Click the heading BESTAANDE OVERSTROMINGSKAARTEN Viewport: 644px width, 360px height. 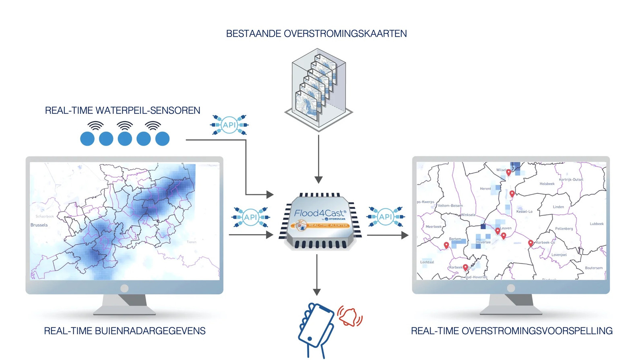tap(316, 34)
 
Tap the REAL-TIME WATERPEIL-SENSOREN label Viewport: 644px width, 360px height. tap(122, 111)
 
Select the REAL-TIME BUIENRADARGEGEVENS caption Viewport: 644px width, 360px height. tap(124, 331)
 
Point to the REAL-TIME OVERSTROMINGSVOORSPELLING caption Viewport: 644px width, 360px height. tap(512, 331)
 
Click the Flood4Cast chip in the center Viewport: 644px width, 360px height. tap(320, 221)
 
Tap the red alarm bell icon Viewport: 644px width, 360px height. tap(349, 316)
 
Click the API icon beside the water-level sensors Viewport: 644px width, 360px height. tap(229, 125)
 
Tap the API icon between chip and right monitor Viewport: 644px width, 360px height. tap(385, 217)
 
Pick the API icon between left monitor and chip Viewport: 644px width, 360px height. tap(250, 217)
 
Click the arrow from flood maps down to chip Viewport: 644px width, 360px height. tap(318, 159)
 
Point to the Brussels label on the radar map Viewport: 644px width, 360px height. tap(39, 225)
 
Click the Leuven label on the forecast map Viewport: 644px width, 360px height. tap(506, 228)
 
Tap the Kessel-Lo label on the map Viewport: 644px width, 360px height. tap(524, 212)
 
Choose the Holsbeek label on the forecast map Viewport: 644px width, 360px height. tap(547, 184)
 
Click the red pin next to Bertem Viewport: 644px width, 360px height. tap(446, 245)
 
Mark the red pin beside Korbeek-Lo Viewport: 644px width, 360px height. tap(530, 243)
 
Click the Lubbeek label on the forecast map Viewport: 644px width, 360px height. tap(597, 224)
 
